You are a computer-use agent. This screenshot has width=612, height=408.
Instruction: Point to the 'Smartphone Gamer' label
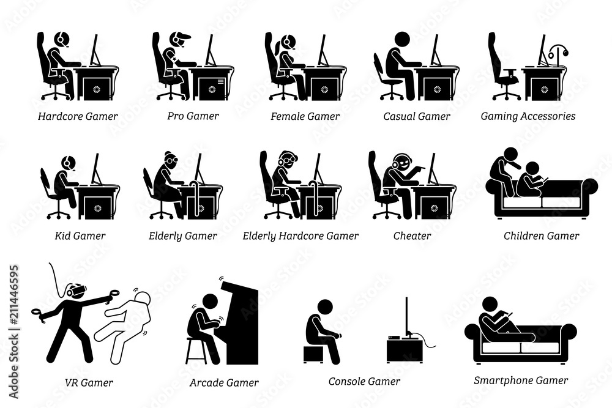pyautogui.click(x=521, y=380)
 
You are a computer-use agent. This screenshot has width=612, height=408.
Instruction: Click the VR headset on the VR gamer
pyautogui.click(x=76, y=292)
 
